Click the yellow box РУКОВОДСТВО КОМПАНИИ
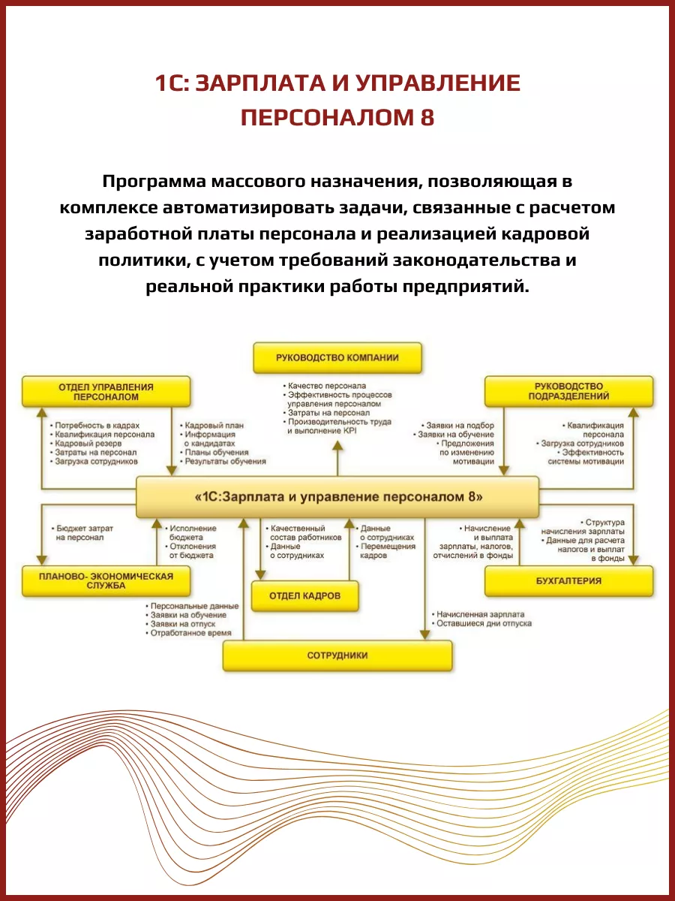tap(337, 358)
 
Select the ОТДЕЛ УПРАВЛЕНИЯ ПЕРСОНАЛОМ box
tap(106, 391)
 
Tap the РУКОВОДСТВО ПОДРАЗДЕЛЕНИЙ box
tap(568, 391)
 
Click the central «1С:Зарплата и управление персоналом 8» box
tap(337, 497)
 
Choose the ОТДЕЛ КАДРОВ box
tap(304, 595)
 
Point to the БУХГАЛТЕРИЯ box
tap(568, 580)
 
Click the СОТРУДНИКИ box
tap(337, 655)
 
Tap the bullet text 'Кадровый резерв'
tap(85, 444)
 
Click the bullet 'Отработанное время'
tap(191, 634)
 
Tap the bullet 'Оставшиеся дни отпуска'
tap(484, 623)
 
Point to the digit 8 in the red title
tap(426, 118)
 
